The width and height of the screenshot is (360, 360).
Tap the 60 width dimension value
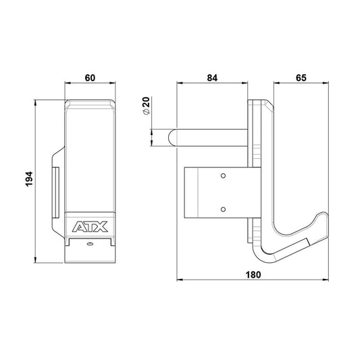pos(90,78)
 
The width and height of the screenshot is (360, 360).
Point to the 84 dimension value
pos(212,78)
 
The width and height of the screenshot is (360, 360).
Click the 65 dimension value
pos(301,78)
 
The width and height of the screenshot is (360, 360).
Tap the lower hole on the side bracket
pos(224,209)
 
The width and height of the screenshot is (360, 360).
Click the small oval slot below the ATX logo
pos(90,247)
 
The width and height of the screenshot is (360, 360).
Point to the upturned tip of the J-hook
pos(325,219)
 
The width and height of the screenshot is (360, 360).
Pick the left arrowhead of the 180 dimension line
pos(178,280)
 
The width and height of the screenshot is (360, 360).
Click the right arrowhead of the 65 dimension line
pos(328,84)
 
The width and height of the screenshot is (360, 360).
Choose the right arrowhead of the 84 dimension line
pos(247,84)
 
